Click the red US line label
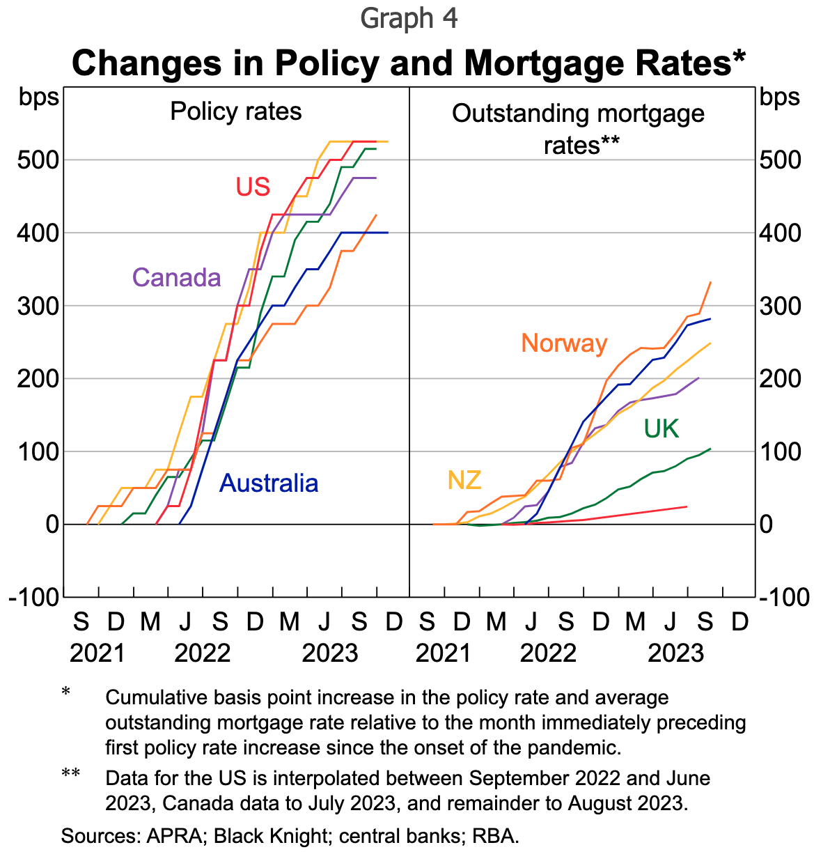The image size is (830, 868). pos(253,187)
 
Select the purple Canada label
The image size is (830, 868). pos(177,277)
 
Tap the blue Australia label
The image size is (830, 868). pos(269,483)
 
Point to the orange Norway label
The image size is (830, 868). pos(564,343)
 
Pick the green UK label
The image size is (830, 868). pos(661,429)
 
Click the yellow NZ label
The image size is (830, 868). pos(464,480)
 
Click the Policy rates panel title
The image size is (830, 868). pos(236,111)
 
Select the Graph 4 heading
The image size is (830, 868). pos(409,19)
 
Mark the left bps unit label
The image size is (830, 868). pos(40,98)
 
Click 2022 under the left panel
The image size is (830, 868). pos(203,653)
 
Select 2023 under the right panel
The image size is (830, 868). pos(677,653)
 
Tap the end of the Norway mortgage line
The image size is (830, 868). pos(710,282)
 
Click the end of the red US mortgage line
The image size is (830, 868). pos(687,506)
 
